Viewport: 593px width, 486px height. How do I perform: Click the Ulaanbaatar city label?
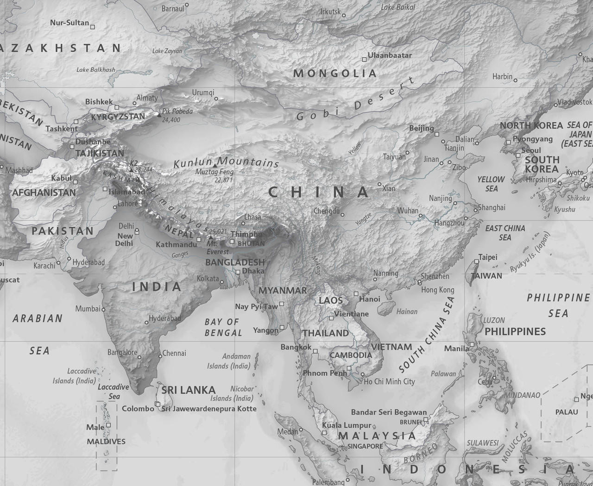click(x=390, y=55)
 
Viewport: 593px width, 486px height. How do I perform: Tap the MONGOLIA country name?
click(x=335, y=73)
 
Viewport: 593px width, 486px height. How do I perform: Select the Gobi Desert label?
click(x=356, y=102)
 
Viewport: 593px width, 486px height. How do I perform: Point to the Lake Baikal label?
click(x=398, y=7)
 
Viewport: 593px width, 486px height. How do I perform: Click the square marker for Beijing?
click(x=437, y=134)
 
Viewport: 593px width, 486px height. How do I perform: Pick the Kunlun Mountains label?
click(x=226, y=162)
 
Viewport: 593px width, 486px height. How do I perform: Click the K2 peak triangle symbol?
click(x=132, y=170)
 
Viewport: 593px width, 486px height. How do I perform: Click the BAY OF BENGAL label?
click(x=223, y=327)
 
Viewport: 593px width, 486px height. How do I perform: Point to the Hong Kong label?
click(x=437, y=290)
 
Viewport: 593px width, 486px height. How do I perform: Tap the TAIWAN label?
click(x=486, y=276)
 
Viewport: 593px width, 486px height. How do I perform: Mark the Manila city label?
click(x=456, y=349)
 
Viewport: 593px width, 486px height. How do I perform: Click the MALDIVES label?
click(x=106, y=442)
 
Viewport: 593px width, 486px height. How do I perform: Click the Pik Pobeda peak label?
click(x=177, y=112)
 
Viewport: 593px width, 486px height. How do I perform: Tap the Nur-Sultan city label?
click(x=69, y=23)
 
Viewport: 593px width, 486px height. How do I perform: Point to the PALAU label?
click(x=567, y=412)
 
